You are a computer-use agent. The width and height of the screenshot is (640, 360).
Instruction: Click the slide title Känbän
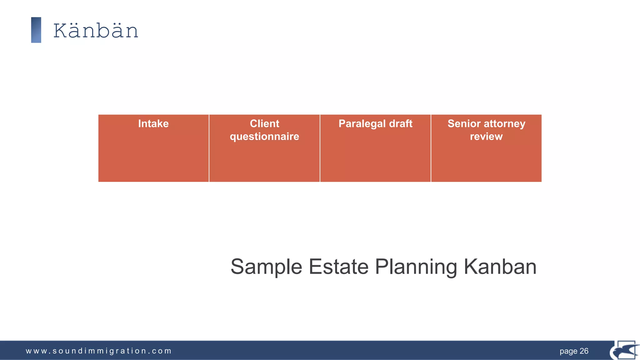(x=96, y=31)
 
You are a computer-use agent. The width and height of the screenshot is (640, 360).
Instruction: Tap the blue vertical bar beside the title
(x=36, y=30)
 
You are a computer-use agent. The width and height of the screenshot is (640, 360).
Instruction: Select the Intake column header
(x=153, y=124)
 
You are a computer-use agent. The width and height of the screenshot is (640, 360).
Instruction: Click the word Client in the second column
(x=264, y=124)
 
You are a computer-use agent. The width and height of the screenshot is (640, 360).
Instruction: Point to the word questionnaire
(x=264, y=137)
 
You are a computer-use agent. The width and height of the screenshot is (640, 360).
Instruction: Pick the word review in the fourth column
(x=486, y=137)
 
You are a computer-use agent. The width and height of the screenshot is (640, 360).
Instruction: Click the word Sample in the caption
(x=266, y=267)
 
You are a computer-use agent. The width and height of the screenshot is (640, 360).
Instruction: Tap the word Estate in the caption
(x=338, y=267)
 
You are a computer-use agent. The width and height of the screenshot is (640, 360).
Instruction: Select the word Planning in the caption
(x=416, y=267)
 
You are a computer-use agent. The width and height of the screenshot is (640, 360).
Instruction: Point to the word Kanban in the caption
(x=500, y=267)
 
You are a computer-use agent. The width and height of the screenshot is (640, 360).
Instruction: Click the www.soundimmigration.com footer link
(x=98, y=351)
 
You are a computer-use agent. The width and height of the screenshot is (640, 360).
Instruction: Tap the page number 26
(x=584, y=351)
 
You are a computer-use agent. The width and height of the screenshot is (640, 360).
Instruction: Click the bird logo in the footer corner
(x=624, y=351)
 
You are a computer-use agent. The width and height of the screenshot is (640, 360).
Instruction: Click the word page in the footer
(x=568, y=351)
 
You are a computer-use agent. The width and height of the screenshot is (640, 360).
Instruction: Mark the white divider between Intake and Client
(x=209, y=148)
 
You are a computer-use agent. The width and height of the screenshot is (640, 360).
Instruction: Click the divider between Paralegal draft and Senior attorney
(x=431, y=148)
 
